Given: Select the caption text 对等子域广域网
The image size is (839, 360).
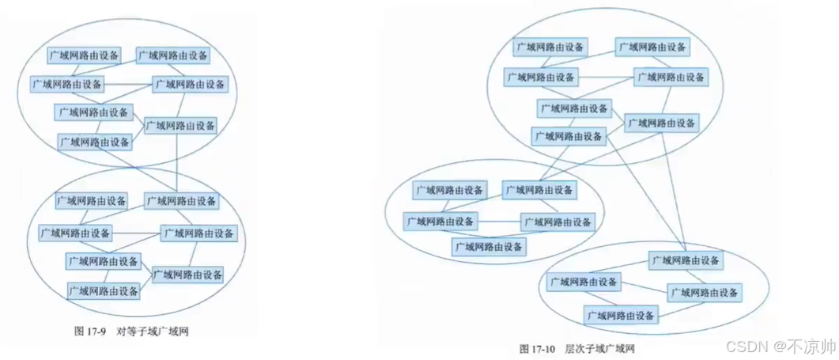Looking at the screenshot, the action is coord(153,332).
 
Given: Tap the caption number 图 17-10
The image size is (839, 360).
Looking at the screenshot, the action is coord(539,348).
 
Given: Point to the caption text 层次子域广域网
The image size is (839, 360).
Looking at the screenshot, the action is coord(599,348).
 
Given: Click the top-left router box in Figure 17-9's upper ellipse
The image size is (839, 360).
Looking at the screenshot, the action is coord(84,55).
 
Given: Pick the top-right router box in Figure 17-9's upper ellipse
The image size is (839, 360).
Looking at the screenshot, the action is coord(173,55).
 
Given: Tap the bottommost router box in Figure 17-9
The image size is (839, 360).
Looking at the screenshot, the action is coord(104,290).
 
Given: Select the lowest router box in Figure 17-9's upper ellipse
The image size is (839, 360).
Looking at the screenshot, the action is coord(95,142).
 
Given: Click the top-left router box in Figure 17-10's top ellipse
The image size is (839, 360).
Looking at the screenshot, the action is coord(550,47).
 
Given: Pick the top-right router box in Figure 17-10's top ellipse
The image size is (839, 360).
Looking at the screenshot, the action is coord(653,47).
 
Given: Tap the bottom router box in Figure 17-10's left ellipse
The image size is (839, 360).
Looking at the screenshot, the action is coord(489,247).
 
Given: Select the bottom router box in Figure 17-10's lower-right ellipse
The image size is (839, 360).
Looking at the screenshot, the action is coord(622,315).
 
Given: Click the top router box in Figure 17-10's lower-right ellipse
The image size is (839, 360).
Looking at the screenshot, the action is coord(686,260).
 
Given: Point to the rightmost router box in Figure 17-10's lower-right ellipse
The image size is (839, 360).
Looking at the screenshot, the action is coord(704,293).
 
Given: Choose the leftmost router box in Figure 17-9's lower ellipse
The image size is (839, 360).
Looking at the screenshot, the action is coord(75,233).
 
